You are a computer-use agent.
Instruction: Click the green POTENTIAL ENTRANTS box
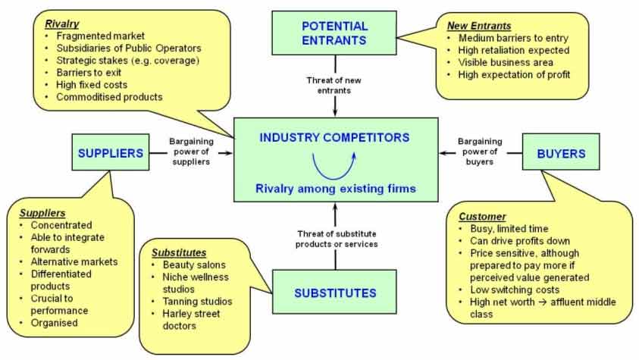tap(334, 33)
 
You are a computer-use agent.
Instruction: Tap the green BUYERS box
tap(562, 153)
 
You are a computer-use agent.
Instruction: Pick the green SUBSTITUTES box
tap(334, 292)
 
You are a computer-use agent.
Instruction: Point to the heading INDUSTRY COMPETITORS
tap(334, 138)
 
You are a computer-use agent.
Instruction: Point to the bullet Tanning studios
tap(197, 301)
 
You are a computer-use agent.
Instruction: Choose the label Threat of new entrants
tap(334, 85)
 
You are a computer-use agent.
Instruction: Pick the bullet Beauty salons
tap(194, 265)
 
